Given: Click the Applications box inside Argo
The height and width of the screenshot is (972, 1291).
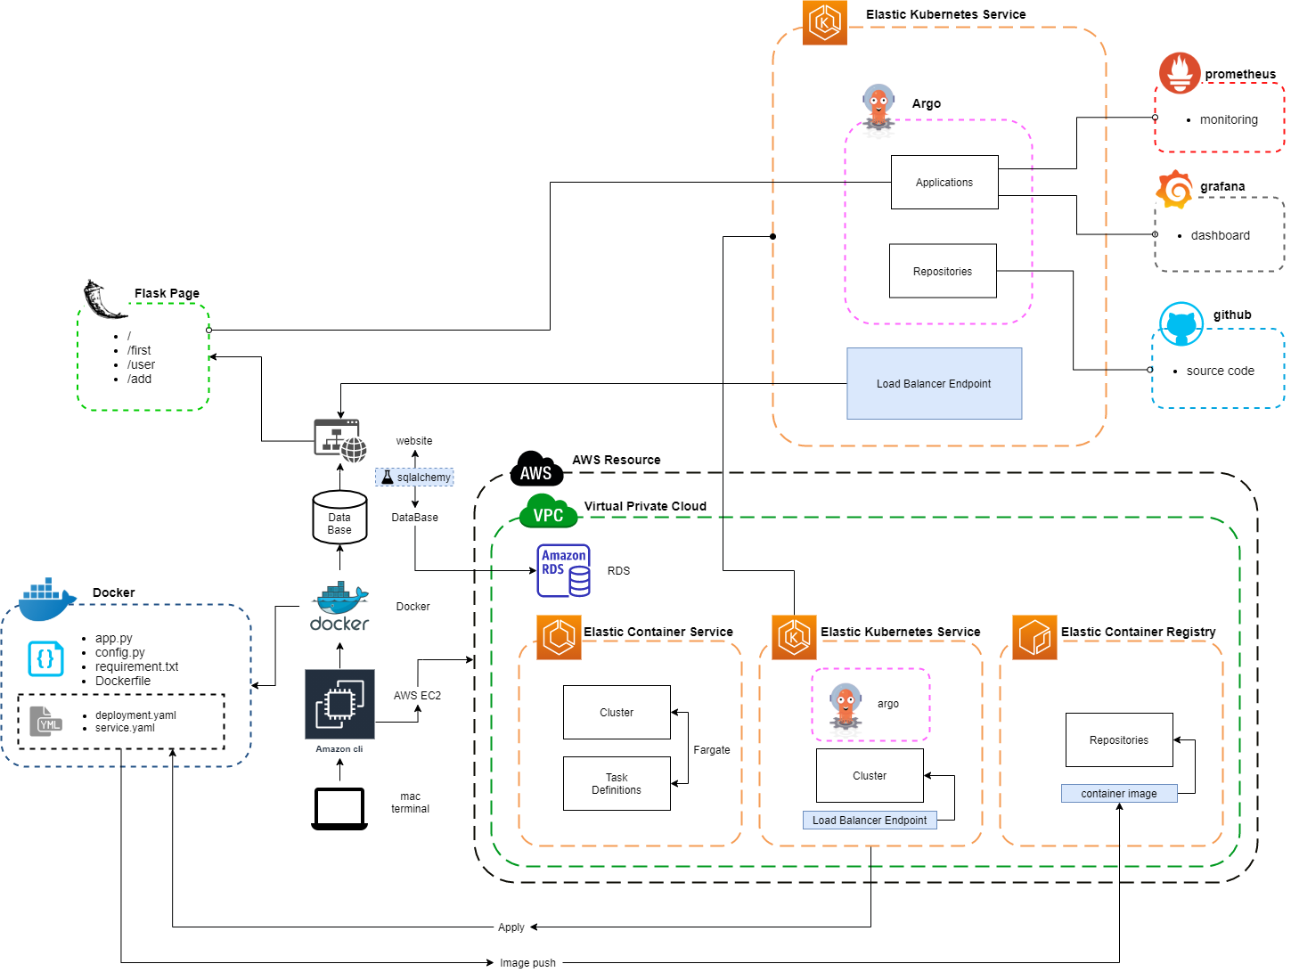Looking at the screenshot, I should pos(944,183).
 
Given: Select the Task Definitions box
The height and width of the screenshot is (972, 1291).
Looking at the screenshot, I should pos(617,784).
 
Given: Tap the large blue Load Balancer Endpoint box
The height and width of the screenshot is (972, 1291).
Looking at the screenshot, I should pos(934,384).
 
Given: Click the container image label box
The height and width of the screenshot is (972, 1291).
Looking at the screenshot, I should pos(1119,794).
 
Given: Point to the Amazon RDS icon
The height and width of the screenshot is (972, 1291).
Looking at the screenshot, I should pos(563,570).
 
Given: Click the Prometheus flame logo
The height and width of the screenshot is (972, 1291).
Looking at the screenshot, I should pos(1180,73).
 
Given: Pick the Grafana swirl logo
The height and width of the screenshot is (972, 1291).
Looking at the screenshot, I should pos(1175,189).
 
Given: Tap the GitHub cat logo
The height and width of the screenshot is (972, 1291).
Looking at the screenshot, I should pos(1181,323).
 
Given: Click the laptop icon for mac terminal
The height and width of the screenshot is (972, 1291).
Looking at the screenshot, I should pos(339,808).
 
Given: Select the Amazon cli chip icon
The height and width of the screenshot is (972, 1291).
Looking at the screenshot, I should pos(339,705).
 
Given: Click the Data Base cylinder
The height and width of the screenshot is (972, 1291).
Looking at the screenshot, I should pos(339,518).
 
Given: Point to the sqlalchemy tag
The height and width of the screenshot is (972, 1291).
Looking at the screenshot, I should pos(414,478).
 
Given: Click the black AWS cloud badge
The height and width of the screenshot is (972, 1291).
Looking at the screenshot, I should pos(536,470).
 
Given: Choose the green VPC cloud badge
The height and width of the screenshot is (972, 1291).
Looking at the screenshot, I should pos(548,512).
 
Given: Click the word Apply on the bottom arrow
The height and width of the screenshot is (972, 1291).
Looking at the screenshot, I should pos(511,927).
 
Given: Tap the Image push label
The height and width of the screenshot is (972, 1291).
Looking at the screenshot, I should pos(527,963).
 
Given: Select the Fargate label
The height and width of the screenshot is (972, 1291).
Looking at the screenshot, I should pos(712,750).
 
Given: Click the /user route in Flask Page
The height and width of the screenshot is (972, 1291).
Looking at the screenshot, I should pos(141,364).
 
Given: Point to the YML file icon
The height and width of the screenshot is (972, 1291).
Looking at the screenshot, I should pos(46,722).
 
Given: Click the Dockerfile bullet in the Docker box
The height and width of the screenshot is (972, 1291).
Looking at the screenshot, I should pos(123,682).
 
